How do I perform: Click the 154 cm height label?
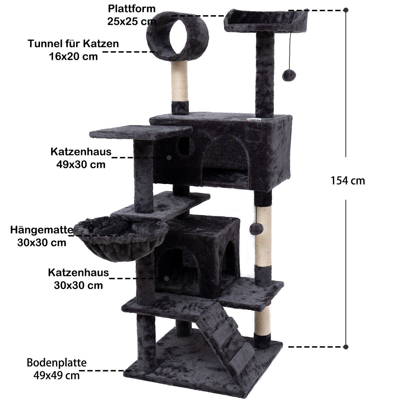click(348, 181)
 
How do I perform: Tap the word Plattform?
click(132, 9)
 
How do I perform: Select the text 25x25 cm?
click(132, 21)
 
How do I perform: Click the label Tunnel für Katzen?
click(73, 44)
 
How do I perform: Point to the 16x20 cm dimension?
click(73, 56)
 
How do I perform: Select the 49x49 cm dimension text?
click(56, 375)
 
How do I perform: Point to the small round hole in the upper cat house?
click(184, 145)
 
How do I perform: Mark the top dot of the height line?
click(346, 10)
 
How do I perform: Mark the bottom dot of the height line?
click(346, 347)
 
